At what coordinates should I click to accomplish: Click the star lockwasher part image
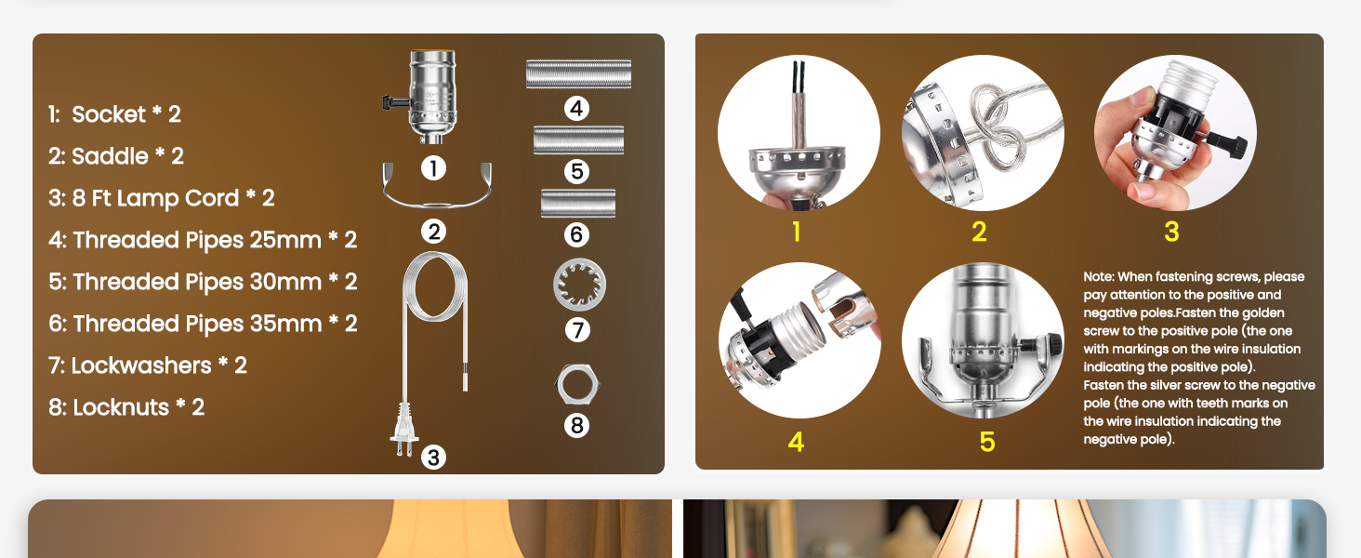(x=579, y=286)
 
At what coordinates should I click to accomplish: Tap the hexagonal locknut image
(x=576, y=382)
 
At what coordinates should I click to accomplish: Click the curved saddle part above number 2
(x=435, y=185)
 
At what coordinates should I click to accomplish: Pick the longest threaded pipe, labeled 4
(x=578, y=74)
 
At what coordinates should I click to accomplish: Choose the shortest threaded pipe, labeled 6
(x=577, y=203)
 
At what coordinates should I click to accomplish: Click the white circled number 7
(x=577, y=329)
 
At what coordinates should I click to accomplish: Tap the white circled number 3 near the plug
(x=433, y=457)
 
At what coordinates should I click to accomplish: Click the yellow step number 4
(x=796, y=442)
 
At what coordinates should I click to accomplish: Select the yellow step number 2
(x=979, y=232)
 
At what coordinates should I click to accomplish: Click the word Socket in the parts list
(x=109, y=114)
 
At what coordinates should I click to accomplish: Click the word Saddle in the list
(x=110, y=156)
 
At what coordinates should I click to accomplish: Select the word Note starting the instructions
(x=1099, y=277)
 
